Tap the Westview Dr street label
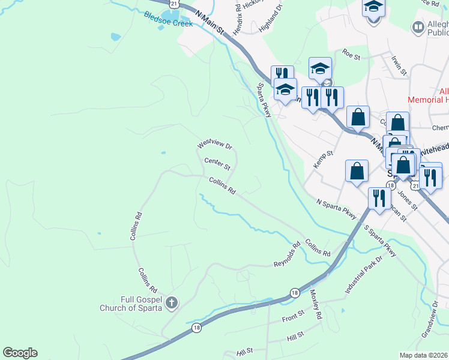pos(214,145)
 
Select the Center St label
pos(217,163)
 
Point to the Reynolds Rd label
pos(287,256)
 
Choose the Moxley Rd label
pos(316,303)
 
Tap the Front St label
pos(294,316)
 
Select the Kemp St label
pos(324,160)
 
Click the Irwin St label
pos(399,65)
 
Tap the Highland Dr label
pos(271,20)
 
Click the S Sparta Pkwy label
pos(380,242)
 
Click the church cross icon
pos(172,302)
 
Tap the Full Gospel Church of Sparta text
pos(131,304)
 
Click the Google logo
pos(20,353)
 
